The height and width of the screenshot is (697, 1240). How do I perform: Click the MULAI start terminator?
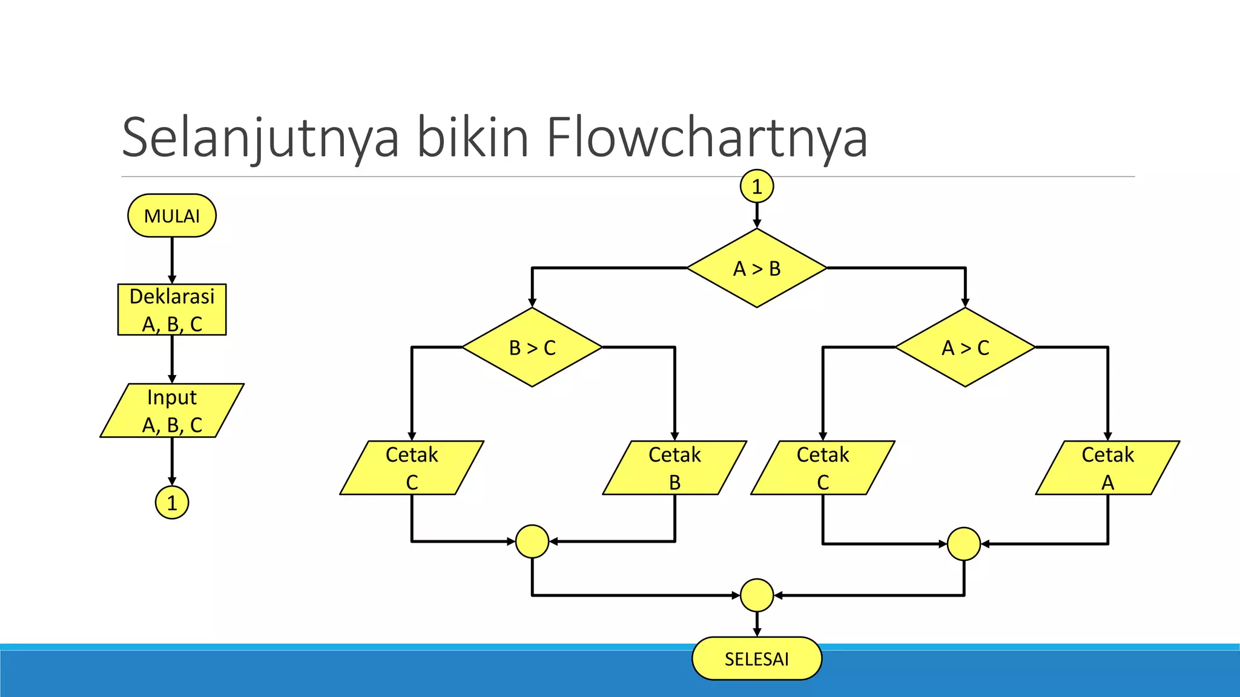point(172,215)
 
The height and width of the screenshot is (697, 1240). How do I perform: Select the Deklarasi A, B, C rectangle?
point(172,310)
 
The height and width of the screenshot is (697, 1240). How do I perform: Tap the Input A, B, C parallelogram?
point(172,410)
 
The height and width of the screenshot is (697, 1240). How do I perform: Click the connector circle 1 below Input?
point(172,503)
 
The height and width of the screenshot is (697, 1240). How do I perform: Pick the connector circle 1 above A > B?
point(757,186)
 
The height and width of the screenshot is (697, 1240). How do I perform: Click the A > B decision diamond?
point(757,268)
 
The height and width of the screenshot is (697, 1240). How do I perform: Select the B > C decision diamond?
point(532,347)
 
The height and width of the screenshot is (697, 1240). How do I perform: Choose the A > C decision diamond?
point(965,347)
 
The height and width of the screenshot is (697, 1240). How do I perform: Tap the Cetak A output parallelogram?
point(1107,468)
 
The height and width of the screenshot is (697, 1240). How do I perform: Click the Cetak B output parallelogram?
point(674,468)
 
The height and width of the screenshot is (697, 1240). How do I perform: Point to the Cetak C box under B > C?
point(412,468)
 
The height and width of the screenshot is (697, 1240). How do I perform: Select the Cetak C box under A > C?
point(823,468)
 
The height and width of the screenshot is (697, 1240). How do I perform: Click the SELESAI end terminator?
point(757,658)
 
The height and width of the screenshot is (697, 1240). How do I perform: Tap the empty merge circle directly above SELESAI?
point(757,595)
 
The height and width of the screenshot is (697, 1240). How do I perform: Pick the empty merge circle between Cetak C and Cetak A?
point(964,544)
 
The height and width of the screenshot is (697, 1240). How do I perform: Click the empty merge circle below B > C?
point(532,542)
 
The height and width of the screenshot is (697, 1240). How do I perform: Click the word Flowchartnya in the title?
point(707,138)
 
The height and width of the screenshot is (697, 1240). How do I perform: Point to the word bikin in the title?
point(472,138)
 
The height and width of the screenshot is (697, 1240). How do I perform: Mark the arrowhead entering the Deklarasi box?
point(172,280)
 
